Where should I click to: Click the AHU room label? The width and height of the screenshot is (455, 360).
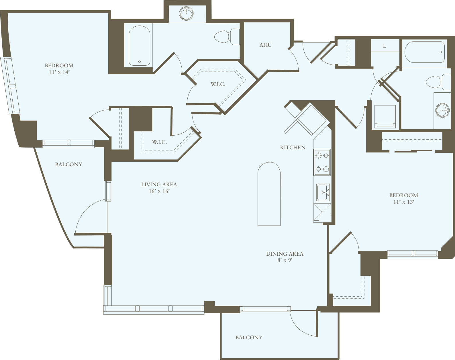(x=265, y=45)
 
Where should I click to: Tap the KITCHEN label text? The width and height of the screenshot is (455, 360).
(x=293, y=148)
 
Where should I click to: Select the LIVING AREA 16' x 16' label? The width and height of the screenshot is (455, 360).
(x=159, y=188)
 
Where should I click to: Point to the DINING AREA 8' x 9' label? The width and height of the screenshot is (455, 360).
(x=285, y=257)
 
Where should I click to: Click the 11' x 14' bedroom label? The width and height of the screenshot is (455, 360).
(x=59, y=69)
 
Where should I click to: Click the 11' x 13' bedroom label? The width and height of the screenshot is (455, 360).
(x=403, y=198)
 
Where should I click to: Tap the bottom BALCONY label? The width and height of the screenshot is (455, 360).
(x=249, y=338)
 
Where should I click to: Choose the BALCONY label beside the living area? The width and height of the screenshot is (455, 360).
(x=68, y=165)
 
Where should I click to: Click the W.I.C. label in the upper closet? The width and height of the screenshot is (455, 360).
(x=218, y=84)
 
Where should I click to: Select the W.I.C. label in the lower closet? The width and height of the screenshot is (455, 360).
(x=159, y=142)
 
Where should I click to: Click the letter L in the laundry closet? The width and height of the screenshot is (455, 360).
(x=385, y=46)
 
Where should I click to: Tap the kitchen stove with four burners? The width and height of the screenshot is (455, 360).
(x=322, y=162)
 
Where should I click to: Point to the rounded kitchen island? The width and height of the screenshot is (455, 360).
(x=269, y=194)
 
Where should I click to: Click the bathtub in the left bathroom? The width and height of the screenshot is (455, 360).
(x=139, y=46)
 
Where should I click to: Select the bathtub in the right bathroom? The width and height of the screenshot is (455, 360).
(x=424, y=52)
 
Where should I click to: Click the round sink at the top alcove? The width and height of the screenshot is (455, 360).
(x=186, y=13)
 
